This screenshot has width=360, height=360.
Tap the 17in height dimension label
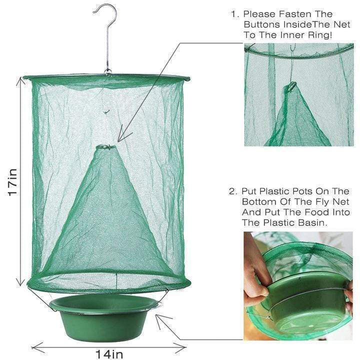pyautogui.click(x=12, y=182)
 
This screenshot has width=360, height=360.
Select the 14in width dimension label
pyautogui.click(x=109, y=354)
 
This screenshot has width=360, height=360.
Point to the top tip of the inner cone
pyautogui.click(x=106, y=146)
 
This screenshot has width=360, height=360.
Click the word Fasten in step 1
pyautogui.click(x=295, y=14)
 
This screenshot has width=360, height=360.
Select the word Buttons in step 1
pyautogui.click(x=261, y=24)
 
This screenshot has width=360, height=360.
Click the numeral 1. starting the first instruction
pyautogui.click(x=235, y=14)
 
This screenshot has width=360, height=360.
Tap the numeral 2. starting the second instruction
pyautogui.click(x=233, y=191)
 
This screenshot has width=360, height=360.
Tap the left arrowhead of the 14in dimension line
pyautogui.click(x=36, y=347)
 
